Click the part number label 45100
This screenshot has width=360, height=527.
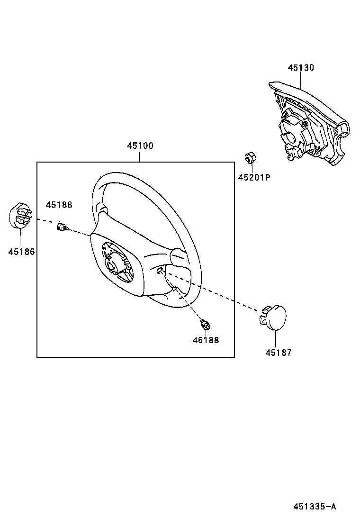click(x=140, y=146)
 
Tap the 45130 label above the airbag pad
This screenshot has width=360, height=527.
click(x=300, y=68)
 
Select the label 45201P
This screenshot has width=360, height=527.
click(x=253, y=178)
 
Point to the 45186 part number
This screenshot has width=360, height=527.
click(x=21, y=251)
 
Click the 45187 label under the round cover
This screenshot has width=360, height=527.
click(x=278, y=353)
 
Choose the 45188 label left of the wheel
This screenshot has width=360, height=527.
click(x=59, y=205)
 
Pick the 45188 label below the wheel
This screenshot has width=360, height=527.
click(x=206, y=340)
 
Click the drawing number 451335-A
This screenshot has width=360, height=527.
click(x=315, y=507)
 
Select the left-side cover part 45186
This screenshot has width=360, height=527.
click(x=20, y=216)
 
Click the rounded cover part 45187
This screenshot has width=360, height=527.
click(x=273, y=316)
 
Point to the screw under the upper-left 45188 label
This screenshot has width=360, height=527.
click(x=62, y=227)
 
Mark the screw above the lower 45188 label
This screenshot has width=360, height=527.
click(x=206, y=325)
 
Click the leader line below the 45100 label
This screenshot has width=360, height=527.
click(x=140, y=156)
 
